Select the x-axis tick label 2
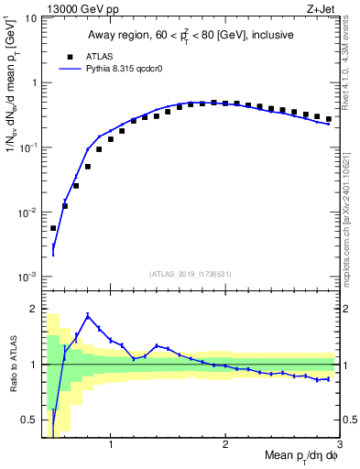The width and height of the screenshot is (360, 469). click(x=224, y=445)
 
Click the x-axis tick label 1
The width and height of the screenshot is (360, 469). click(x=111, y=445)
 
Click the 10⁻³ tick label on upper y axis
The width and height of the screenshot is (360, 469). click(x=26, y=276)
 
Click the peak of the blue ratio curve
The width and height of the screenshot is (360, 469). click(x=88, y=315)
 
